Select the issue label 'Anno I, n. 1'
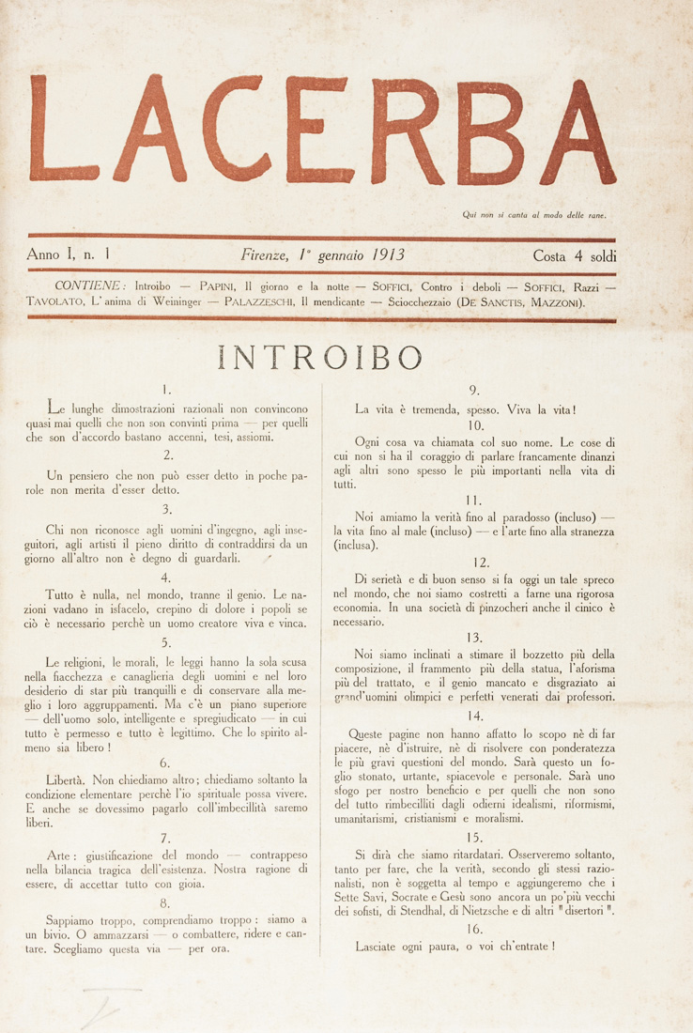tap(71, 254)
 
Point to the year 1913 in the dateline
tap(387, 254)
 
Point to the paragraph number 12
tap(482, 563)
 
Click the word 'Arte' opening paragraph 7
tap(62, 829)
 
